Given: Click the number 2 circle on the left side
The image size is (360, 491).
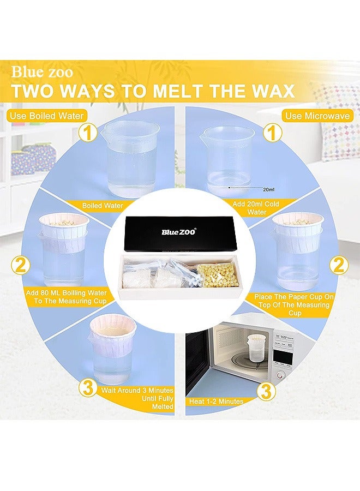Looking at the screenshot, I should tap(21, 266).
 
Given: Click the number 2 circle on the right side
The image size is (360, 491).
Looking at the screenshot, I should tap(339, 266).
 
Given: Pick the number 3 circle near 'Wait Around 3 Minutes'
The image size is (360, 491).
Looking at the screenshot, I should tap(87, 389).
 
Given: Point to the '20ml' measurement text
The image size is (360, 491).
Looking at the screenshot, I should tap(268, 190).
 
